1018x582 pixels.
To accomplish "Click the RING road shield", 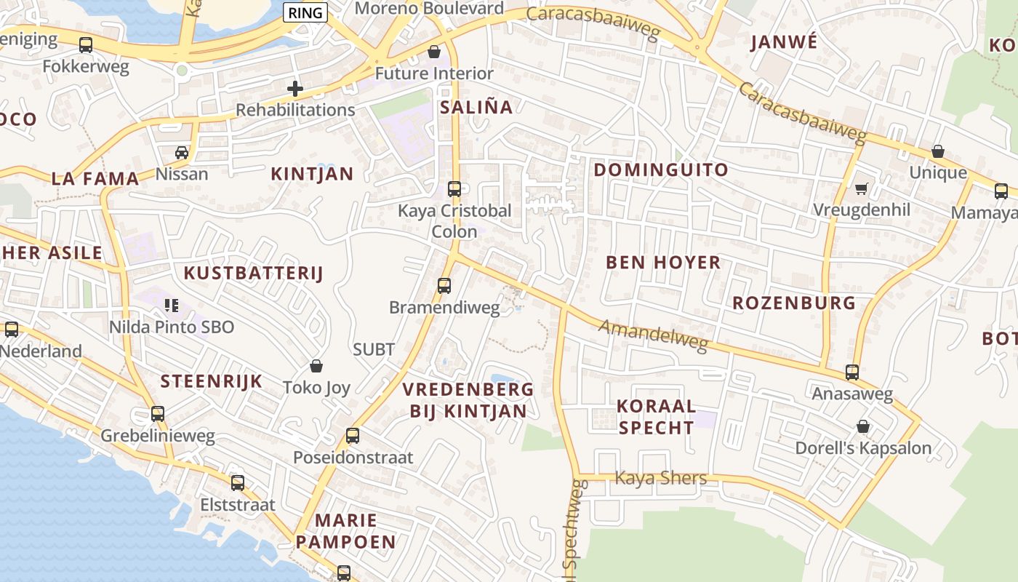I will (305, 12).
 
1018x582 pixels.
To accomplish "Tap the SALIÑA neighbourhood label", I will (476, 108).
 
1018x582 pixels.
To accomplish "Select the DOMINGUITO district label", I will (661, 170).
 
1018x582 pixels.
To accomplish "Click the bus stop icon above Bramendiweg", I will (444, 286).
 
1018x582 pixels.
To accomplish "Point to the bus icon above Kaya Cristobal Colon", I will (454, 189).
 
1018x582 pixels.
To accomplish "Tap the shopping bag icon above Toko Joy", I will (316, 365).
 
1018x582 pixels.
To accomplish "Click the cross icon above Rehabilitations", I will (295, 89).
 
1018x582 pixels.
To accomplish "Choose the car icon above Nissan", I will (182, 153).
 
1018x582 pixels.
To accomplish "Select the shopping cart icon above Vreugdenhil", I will (862, 189).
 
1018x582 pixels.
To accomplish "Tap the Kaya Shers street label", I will (661, 478).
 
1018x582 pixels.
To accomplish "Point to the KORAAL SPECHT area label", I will (656, 417).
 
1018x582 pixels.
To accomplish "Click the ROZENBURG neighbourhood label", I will (794, 303).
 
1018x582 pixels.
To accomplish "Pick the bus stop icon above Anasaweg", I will (852, 372).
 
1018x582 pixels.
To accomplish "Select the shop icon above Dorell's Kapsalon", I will (863, 426).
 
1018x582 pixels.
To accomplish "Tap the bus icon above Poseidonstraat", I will (353, 436).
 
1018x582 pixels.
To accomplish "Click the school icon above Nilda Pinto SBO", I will (172, 306).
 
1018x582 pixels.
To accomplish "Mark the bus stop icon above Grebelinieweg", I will (158, 414).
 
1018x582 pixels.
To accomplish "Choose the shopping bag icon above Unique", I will (938, 152).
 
